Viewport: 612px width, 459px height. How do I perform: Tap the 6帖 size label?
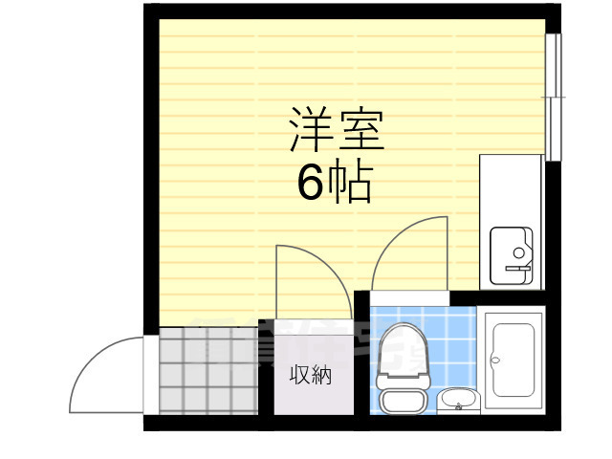[x=334, y=183]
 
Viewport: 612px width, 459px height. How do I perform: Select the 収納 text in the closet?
[x=311, y=376]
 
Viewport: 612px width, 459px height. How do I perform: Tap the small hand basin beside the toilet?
[x=458, y=401]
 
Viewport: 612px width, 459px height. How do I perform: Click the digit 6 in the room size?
[x=310, y=183]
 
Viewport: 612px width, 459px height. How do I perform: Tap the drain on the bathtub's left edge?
[x=494, y=361]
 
